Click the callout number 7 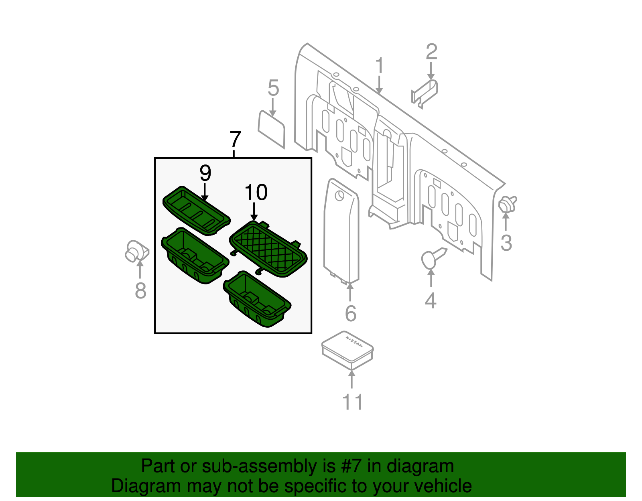pyautogui.click(x=236, y=139)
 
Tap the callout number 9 pyautogui.click(x=205, y=173)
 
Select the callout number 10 pyautogui.click(x=256, y=193)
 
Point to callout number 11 pyautogui.click(x=352, y=402)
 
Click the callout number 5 pyautogui.click(x=273, y=88)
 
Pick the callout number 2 pyautogui.click(x=431, y=52)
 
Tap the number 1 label pyautogui.click(x=380, y=66)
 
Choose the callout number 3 pyautogui.click(x=506, y=243)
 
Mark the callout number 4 pyautogui.click(x=431, y=300)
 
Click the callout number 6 pyautogui.click(x=350, y=313)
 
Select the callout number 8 pyautogui.click(x=140, y=290)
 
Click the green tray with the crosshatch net pyautogui.click(x=268, y=249)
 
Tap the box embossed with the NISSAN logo pyautogui.click(x=347, y=349)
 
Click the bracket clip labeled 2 pyautogui.click(x=425, y=92)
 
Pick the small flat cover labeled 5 pyautogui.click(x=271, y=128)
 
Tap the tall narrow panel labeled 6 pyautogui.click(x=341, y=233)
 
